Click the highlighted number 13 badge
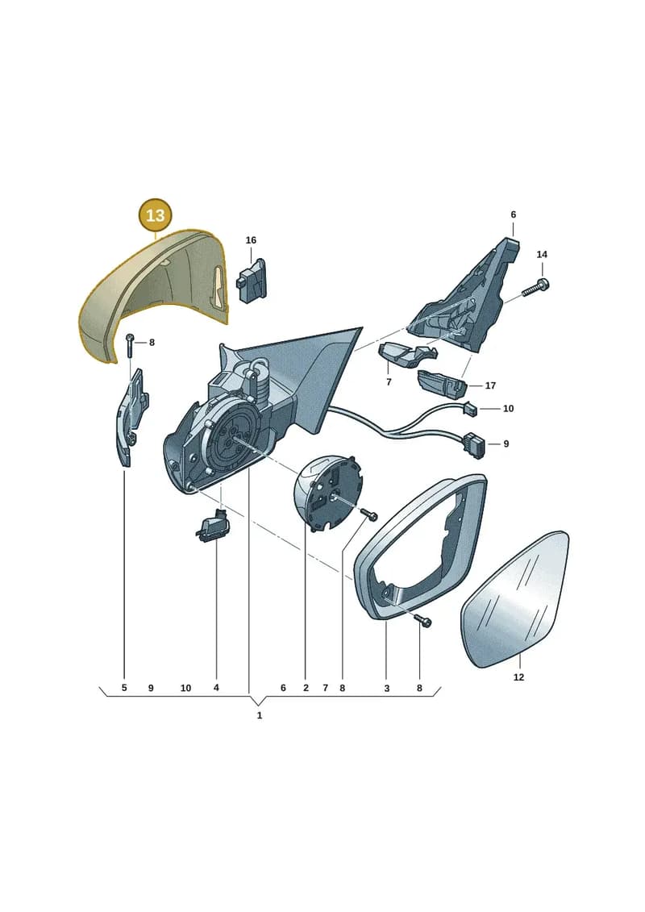click(156, 215)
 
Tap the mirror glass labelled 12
click(515, 599)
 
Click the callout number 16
click(251, 240)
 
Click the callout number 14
click(542, 254)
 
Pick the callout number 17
click(490, 385)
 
